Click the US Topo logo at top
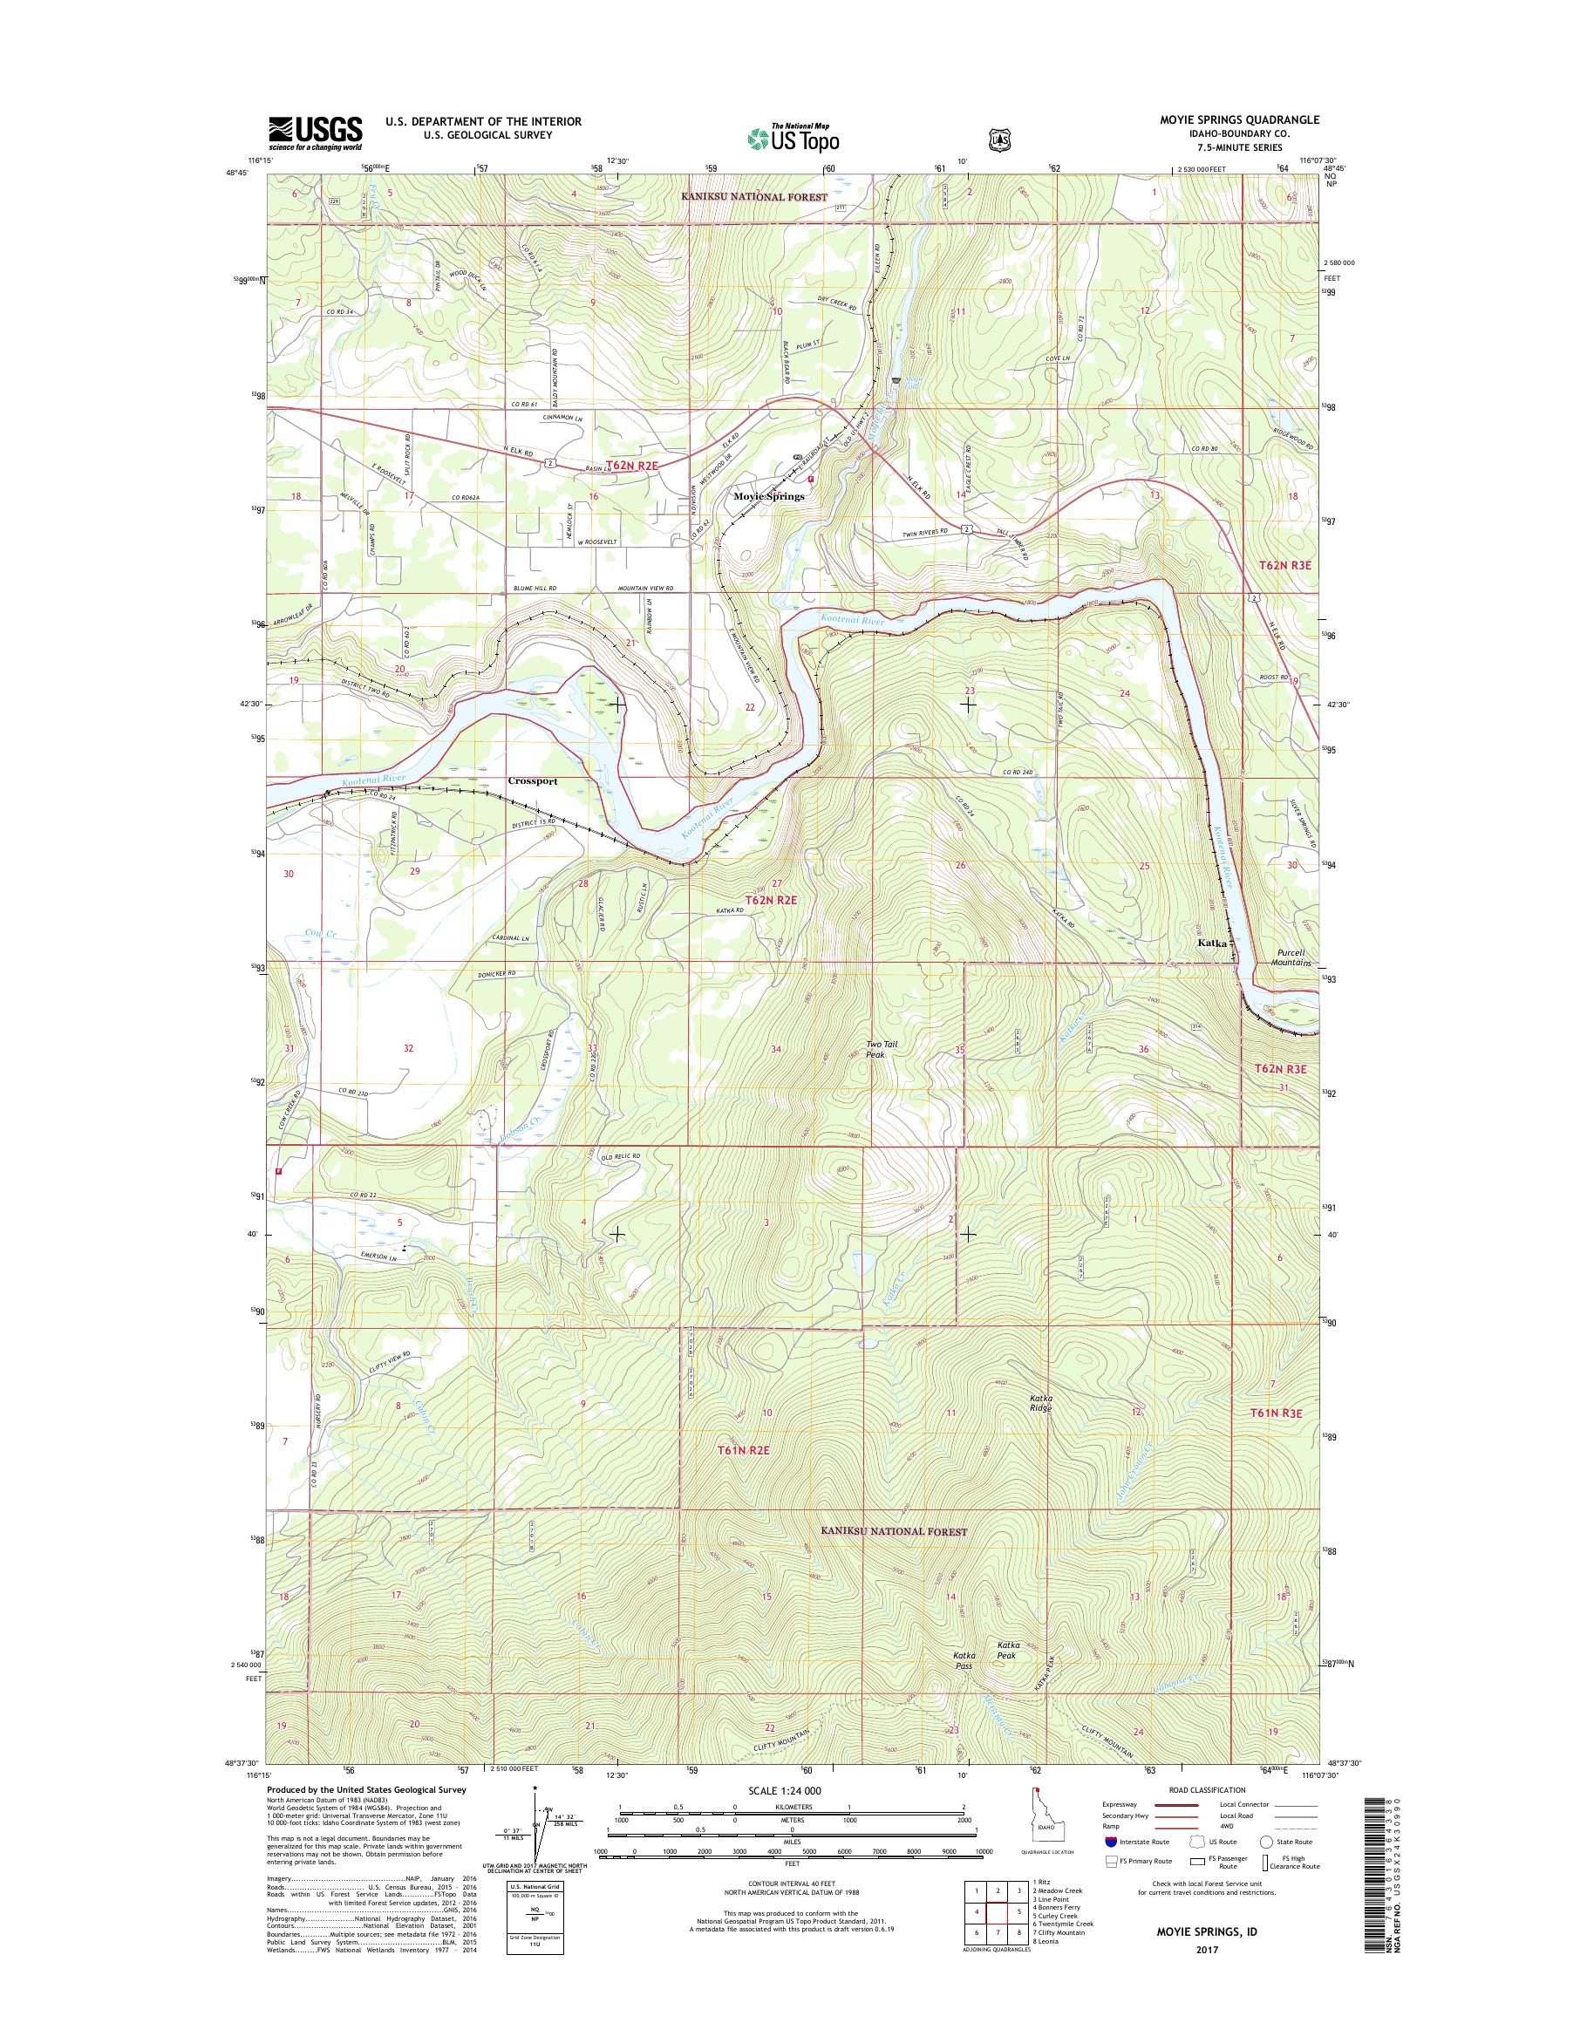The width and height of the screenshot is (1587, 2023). [792, 138]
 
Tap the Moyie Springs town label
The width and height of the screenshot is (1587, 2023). [768, 497]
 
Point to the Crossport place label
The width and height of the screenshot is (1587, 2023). [533, 781]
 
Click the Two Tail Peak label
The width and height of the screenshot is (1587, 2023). [882, 1049]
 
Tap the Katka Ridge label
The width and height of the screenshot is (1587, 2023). [1039, 1428]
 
